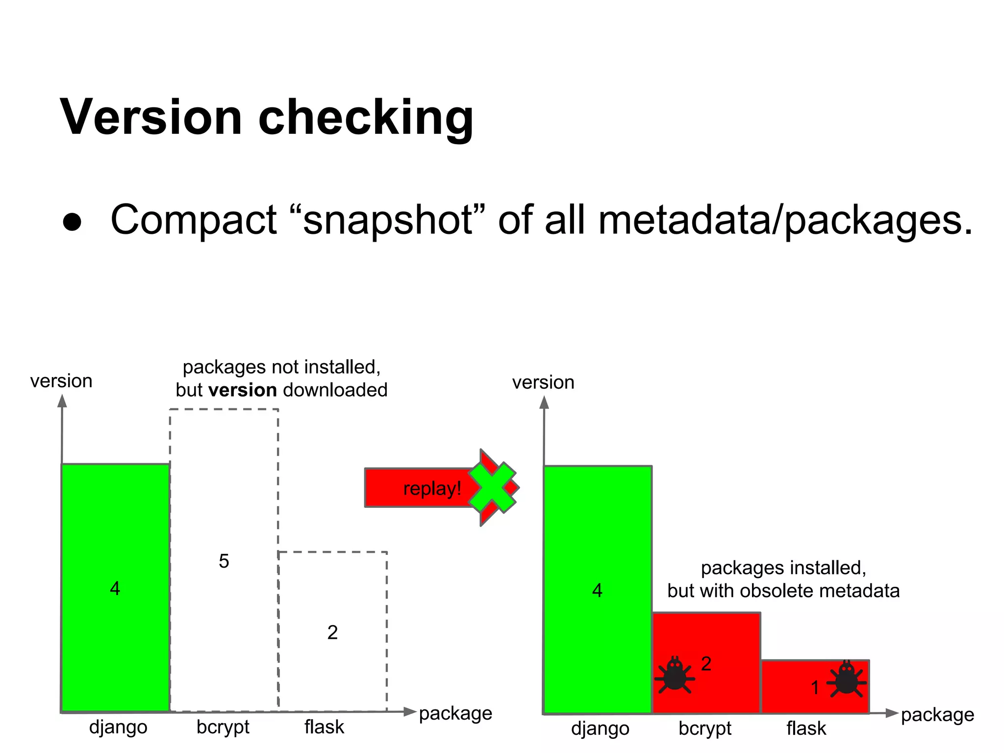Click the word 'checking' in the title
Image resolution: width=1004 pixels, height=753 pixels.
365,118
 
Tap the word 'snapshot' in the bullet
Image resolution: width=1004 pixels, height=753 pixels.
387,220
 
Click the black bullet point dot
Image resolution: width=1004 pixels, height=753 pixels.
72,222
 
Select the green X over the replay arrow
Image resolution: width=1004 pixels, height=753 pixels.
493,487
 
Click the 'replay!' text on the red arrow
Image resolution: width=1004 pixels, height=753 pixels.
432,488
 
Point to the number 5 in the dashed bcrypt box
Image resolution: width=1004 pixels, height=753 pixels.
224,561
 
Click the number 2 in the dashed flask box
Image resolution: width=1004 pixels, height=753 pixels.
332,632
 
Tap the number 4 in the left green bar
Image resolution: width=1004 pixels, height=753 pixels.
115,588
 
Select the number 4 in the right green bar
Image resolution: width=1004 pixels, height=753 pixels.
597,590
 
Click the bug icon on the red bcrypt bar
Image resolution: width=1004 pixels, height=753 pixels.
675,676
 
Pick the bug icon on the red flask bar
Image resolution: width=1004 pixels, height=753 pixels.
846,679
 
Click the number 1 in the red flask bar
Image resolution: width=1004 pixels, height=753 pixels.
815,687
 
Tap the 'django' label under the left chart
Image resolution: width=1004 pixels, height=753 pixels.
118,727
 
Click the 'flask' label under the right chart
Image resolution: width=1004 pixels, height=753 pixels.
806,728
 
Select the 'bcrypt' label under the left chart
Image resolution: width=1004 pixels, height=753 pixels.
223,727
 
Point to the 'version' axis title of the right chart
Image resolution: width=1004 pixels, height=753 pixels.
543,382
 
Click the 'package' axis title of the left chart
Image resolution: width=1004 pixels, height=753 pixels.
455,713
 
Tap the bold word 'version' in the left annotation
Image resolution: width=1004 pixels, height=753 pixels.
243,390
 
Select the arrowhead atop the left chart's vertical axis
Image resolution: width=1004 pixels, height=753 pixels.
62,401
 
